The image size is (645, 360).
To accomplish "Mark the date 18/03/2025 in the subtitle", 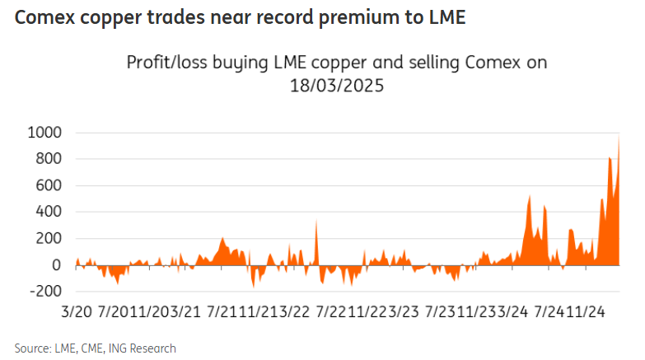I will [336, 85].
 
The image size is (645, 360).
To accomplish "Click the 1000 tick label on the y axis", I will [44, 133].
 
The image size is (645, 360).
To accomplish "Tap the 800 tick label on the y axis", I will [48, 159].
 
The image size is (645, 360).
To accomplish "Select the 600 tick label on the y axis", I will [48, 185].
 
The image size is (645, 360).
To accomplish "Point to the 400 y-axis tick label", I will [48, 212].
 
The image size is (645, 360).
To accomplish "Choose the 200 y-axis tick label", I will [48, 238].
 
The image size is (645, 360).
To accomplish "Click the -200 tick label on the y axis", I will [44, 291].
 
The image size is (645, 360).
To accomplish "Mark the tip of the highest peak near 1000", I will [619, 134].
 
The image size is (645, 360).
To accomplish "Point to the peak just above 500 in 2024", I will [529, 196].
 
